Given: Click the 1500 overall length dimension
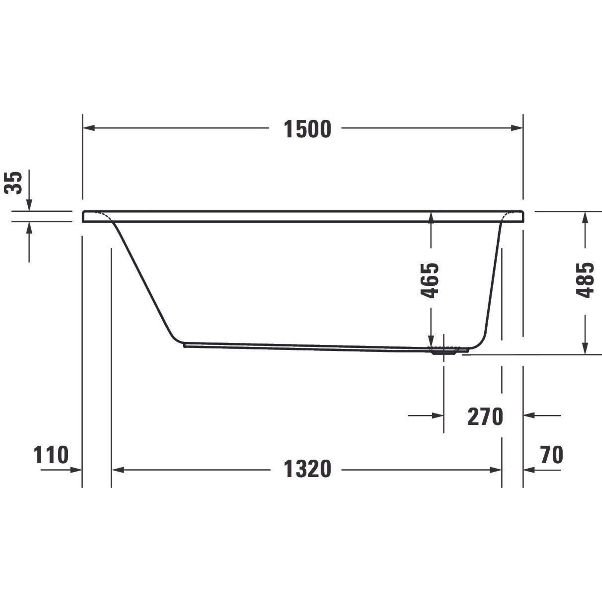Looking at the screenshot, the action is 307,129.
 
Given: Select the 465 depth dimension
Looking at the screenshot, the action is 430,280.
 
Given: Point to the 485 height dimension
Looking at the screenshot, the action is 585,280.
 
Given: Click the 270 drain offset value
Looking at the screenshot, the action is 485,417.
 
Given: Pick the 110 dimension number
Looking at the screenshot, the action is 51,455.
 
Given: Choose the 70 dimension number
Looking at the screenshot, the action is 552,455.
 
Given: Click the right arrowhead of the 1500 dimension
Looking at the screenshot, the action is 517,128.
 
